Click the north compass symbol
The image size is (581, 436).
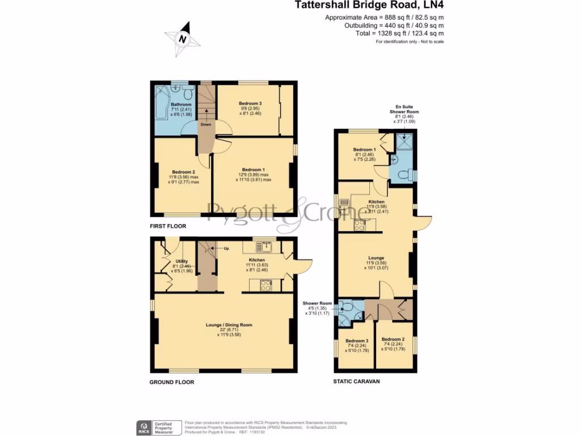(x=182, y=39)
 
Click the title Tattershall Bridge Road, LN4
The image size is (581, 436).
(x=369, y=6)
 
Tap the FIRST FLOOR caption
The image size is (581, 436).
(x=168, y=226)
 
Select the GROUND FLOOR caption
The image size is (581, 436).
(x=171, y=382)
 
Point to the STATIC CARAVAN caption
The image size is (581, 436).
(x=356, y=381)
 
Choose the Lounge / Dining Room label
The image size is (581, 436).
(x=229, y=325)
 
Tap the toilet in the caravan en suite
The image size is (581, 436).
(x=403, y=174)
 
